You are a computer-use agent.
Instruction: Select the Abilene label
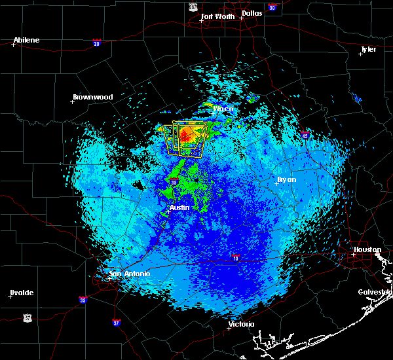tap(26, 40)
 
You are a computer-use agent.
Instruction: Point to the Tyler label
tap(369, 49)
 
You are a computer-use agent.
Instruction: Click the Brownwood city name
tap(92, 97)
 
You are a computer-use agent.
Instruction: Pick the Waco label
tap(223, 109)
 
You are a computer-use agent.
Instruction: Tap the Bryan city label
tap(286, 179)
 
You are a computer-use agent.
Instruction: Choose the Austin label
tap(179, 207)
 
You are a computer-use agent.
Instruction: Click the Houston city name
tap(367, 249)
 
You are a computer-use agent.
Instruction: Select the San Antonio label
tap(129, 274)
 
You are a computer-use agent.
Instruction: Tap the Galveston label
tap(374, 292)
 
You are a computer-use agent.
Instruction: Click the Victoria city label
tap(240, 324)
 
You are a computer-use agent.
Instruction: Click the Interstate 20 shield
tap(96, 43)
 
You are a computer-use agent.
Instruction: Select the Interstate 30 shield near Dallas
tap(272, 7)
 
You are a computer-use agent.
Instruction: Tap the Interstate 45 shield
tap(306, 135)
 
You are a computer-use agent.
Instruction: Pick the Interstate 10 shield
tap(235, 257)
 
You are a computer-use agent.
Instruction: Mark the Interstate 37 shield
tap(116, 322)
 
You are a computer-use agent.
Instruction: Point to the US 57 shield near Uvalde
tap(27, 317)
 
